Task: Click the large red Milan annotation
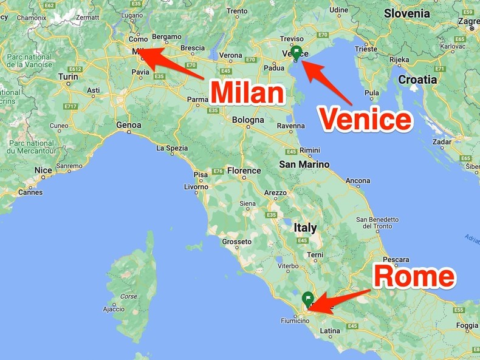(247, 93)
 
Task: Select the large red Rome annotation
(414, 277)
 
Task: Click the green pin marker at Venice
(297, 52)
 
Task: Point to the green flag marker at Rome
(308, 299)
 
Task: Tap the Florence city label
(244, 171)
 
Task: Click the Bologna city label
(248, 120)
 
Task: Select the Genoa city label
(129, 125)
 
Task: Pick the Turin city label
(68, 76)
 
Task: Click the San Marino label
(304, 164)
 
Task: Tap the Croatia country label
(417, 79)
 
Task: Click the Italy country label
(305, 228)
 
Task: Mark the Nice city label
(43, 170)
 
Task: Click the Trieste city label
(366, 49)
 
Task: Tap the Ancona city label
(358, 180)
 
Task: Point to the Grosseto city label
(237, 242)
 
